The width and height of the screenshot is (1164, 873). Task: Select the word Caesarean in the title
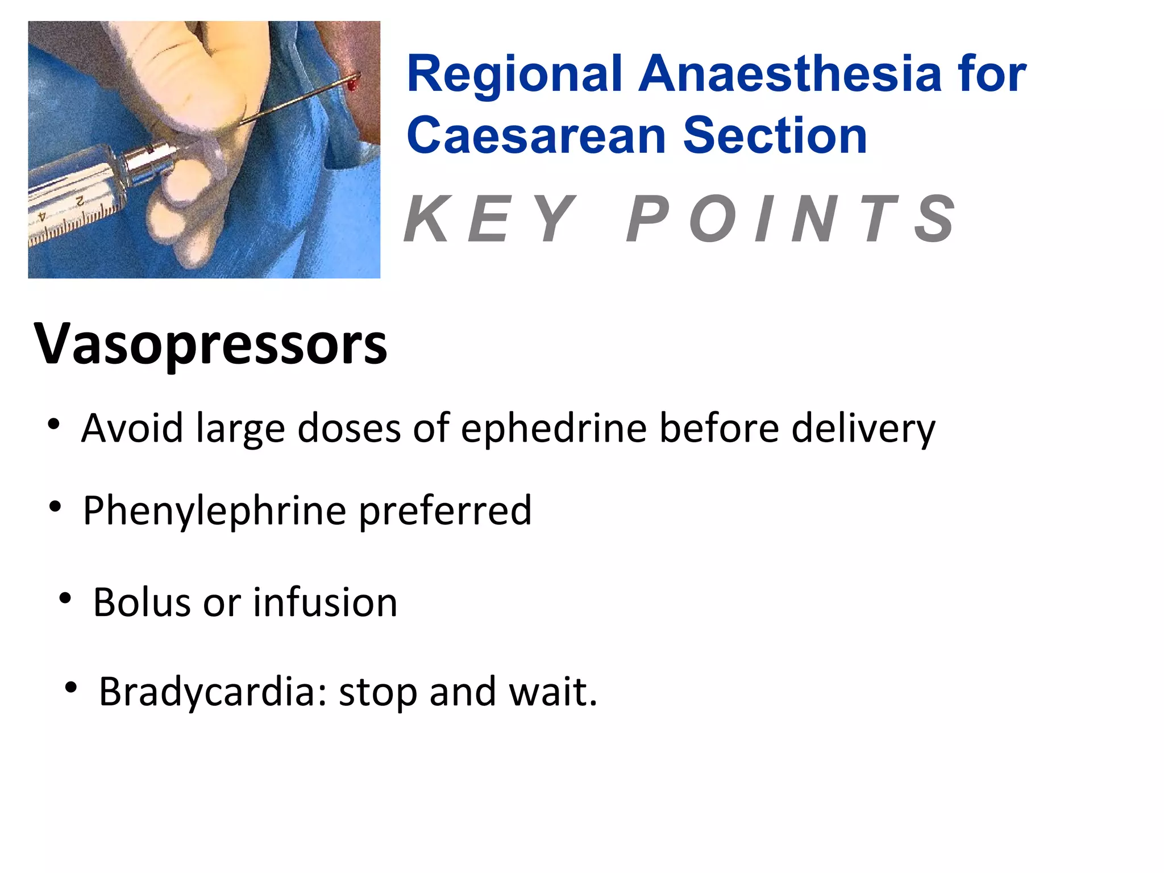click(x=536, y=136)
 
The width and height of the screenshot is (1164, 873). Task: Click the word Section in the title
click(x=775, y=136)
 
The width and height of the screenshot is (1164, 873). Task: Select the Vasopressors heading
click(x=210, y=344)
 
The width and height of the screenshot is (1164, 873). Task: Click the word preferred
click(x=446, y=510)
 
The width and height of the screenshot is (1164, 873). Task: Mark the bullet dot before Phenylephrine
click(x=55, y=506)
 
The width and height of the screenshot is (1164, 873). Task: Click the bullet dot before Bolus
click(x=65, y=598)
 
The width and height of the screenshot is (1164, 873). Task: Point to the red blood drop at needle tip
click(x=352, y=85)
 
